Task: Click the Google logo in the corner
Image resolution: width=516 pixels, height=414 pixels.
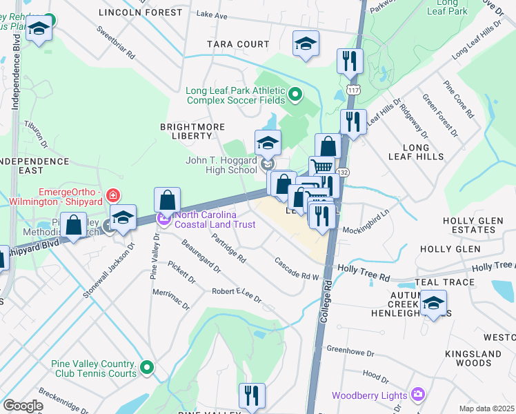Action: (x=23, y=406)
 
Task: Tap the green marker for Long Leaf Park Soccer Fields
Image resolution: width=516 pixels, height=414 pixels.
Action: (x=296, y=93)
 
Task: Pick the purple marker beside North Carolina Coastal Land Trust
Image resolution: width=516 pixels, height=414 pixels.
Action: (x=164, y=219)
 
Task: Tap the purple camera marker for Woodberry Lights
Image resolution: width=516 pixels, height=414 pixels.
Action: (x=417, y=395)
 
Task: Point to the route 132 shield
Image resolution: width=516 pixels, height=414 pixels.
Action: (x=341, y=170)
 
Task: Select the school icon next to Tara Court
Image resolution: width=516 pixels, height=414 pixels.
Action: (x=306, y=44)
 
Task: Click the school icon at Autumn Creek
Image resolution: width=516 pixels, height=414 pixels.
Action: (x=433, y=303)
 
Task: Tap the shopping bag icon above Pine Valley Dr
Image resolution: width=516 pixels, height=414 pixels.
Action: (x=167, y=201)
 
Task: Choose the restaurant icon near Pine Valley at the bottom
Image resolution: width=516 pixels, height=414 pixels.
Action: (x=252, y=396)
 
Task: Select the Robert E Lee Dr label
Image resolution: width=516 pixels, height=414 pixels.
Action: (x=237, y=295)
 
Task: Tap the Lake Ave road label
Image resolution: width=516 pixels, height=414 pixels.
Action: (x=211, y=14)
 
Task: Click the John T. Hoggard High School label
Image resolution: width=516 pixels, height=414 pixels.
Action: (x=221, y=165)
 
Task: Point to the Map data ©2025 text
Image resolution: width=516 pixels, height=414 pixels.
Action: (x=486, y=408)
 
